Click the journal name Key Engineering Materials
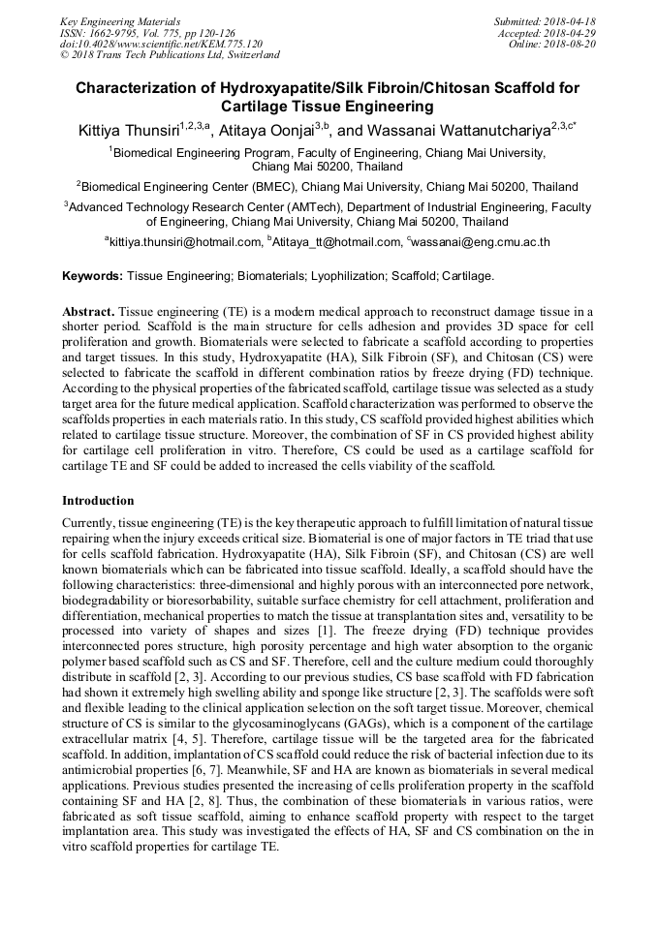[120, 20]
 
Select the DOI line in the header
[161, 44]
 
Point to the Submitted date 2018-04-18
[546, 20]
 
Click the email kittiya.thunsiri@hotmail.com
[184, 242]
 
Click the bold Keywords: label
[92, 276]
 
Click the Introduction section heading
[98, 501]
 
